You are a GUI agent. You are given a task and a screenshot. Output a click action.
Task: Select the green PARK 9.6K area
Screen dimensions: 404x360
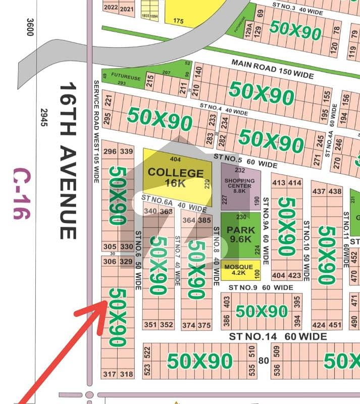click(x=240, y=235)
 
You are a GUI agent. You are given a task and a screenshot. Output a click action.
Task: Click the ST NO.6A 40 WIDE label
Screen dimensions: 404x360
click(x=174, y=203)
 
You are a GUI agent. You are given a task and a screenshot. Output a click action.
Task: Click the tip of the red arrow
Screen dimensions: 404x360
click(x=105, y=302)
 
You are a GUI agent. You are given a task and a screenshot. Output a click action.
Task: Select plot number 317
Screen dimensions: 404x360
click(x=110, y=374)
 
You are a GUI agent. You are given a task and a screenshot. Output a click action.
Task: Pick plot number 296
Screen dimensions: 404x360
click(x=110, y=151)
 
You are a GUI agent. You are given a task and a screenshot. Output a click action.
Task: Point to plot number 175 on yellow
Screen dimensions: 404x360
click(x=178, y=21)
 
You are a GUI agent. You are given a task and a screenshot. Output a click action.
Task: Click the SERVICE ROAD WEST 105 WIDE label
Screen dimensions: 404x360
click(x=95, y=124)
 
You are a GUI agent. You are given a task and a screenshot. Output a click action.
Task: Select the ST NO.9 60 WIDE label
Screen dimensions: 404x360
click(x=261, y=288)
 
